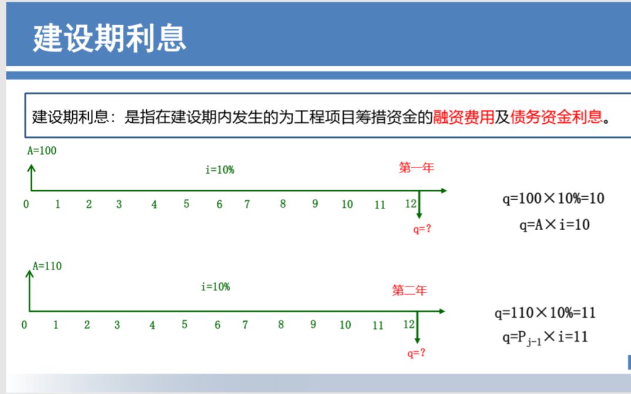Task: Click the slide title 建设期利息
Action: (109, 38)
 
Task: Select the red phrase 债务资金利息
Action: (556, 117)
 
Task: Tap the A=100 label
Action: (42, 151)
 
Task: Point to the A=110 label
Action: (47, 266)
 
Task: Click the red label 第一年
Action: (416, 168)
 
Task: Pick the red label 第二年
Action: (410, 290)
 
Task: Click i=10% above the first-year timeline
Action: (220, 170)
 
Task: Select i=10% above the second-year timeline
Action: (216, 287)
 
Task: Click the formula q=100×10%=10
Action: (553, 198)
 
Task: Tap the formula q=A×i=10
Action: (554, 224)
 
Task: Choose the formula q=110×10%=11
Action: (545, 312)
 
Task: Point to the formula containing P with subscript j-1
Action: (545, 337)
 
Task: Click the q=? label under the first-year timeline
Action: (422, 229)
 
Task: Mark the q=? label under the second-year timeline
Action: (416, 353)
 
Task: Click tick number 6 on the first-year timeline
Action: (219, 204)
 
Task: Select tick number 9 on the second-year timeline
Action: (313, 324)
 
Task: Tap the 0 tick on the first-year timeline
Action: (26, 204)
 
